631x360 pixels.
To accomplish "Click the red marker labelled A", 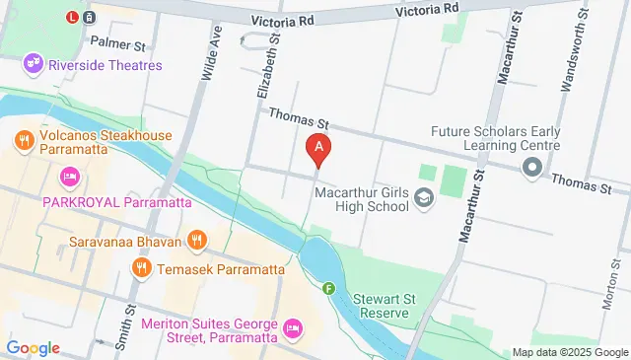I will (318, 148).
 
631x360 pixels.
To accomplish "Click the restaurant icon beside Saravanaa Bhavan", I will (197, 239).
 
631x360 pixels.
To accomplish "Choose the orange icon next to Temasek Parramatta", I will (143, 266).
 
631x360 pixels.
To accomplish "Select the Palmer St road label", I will (117, 44).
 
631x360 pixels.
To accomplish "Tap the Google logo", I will (33, 347).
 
